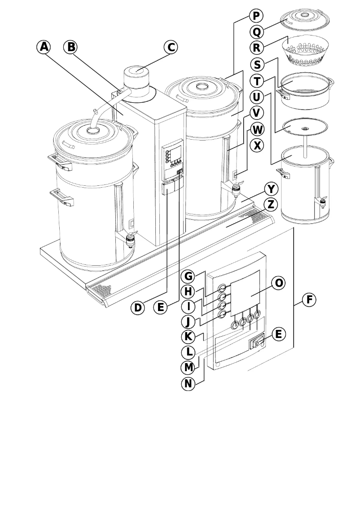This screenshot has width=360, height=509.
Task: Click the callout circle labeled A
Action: pyautogui.click(x=44, y=47)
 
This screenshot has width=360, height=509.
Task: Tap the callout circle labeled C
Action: pyautogui.click(x=170, y=47)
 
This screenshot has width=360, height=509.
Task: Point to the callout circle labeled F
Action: pyautogui.click(x=309, y=299)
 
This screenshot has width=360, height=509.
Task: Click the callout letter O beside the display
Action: pyautogui.click(x=279, y=283)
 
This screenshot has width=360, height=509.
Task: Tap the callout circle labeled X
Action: pyautogui.click(x=258, y=145)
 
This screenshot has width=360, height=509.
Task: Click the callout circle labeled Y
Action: pyautogui.click(x=270, y=188)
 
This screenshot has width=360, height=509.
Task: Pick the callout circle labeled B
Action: pyautogui.click(x=70, y=47)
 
